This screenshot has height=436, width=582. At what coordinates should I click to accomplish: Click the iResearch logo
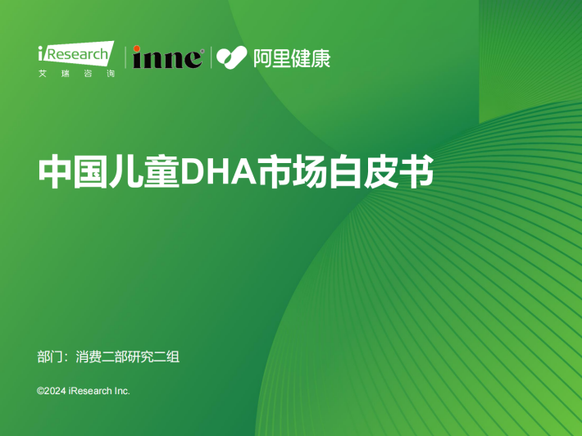76,54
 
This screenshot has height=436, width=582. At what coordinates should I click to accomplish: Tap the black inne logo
168,57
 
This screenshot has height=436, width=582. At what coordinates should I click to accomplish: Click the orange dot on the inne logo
137,48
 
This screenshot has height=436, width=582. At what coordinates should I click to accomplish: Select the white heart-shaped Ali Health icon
232,57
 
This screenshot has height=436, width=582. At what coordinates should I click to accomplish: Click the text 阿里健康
292,58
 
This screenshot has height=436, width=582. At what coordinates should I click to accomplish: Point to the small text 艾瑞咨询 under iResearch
77,74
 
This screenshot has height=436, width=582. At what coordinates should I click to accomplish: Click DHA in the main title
218,172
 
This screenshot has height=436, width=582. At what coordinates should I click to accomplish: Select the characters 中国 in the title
73,172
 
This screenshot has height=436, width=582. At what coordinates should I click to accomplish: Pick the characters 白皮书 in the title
381,172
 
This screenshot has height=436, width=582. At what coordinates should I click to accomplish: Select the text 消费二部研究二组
128,357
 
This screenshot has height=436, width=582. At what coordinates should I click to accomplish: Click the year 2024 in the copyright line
55,391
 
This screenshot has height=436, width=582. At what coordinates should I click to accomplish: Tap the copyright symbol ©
40,391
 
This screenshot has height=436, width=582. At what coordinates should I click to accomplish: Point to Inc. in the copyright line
122,391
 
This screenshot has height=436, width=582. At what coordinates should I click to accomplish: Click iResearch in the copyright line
90,391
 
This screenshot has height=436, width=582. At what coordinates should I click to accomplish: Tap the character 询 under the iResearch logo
111,74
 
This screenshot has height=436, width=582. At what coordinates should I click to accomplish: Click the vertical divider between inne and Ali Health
211,57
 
